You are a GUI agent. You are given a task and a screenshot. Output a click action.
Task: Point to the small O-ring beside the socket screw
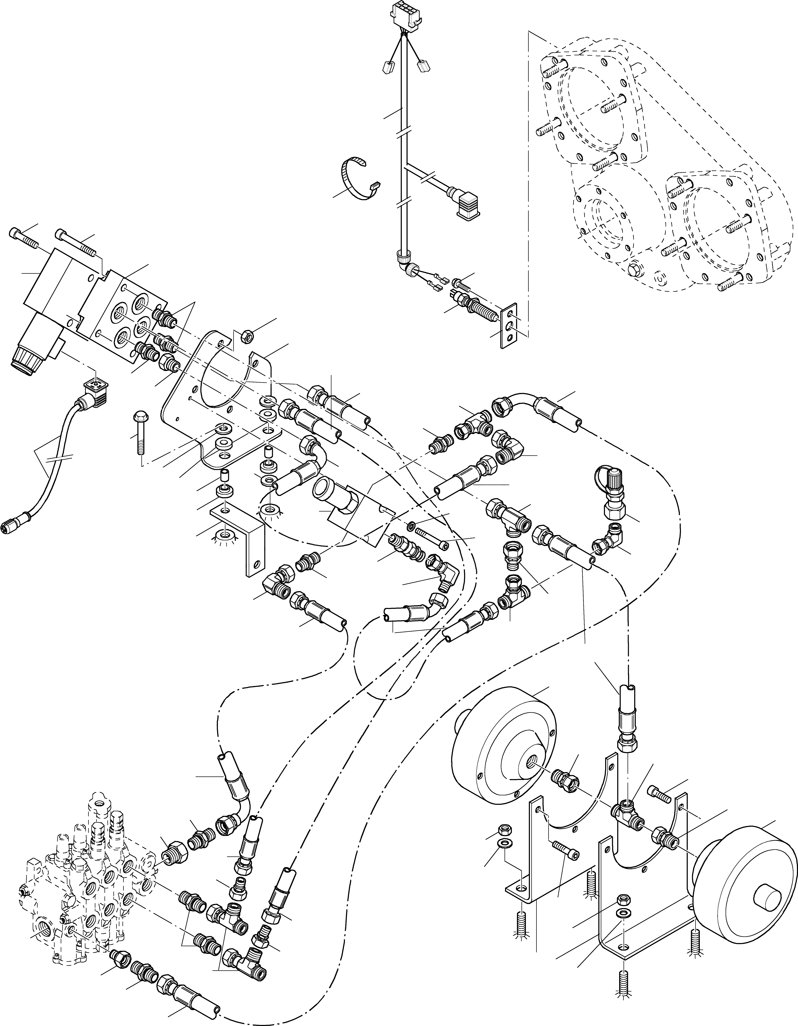click(x=411, y=524)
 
